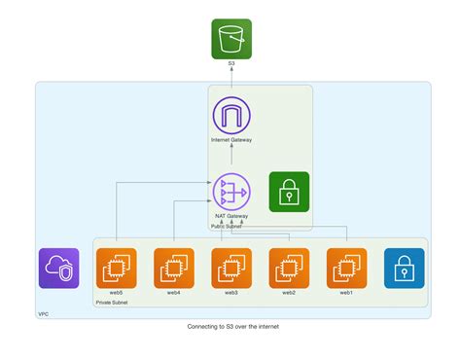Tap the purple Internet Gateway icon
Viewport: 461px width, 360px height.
pyautogui.click(x=231, y=116)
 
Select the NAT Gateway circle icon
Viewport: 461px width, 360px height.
pyautogui.click(x=231, y=191)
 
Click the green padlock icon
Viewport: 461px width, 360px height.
pyautogui.click(x=289, y=191)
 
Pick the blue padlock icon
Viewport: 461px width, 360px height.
pyautogui.click(x=404, y=269)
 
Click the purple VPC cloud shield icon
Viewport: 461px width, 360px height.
pyautogui.click(x=58, y=269)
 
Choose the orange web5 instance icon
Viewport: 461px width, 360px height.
pyautogui.click(x=116, y=269)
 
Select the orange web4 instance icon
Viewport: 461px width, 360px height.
pyautogui.click(x=173, y=269)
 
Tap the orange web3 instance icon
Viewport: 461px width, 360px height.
pyautogui.click(x=231, y=269)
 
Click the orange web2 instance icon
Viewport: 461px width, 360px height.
pyautogui.click(x=289, y=269)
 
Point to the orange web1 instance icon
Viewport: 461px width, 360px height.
pyautogui.click(x=346, y=269)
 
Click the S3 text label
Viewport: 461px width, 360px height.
pyautogui.click(x=231, y=63)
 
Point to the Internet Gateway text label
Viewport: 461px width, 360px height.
pyautogui.click(x=231, y=140)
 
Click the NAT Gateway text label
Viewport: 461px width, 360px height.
pyautogui.click(x=231, y=215)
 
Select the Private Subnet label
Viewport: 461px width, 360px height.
pyautogui.click(x=112, y=303)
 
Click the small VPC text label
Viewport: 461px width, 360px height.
pyautogui.click(x=43, y=314)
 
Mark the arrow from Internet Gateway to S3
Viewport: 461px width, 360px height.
pyautogui.click(x=231, y=77)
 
